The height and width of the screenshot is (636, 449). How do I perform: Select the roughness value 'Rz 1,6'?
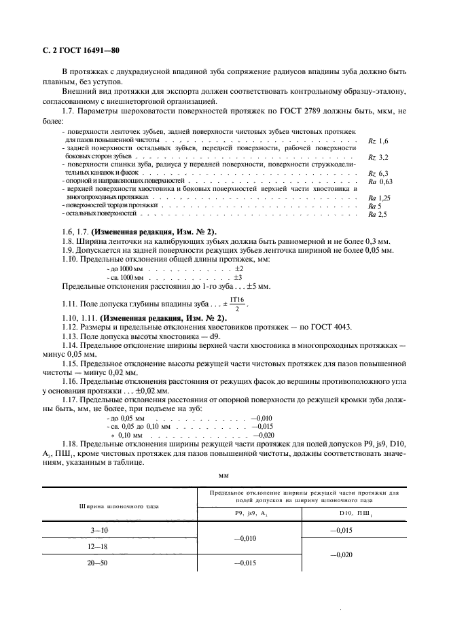tap(378, 140)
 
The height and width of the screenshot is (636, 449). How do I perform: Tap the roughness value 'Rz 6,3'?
tap(378, 173)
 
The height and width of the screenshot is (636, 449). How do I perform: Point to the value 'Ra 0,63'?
tap(380, 182)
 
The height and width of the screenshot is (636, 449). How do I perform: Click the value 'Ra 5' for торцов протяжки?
tap(374, 205)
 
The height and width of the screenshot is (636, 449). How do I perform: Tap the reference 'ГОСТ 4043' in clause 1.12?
tap(331, 326)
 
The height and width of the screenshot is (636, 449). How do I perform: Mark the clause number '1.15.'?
tap(71, 364)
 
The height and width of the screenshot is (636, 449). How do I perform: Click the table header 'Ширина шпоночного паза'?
tap(120, 506)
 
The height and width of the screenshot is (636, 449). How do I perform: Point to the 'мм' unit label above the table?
tap(224, 477)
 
